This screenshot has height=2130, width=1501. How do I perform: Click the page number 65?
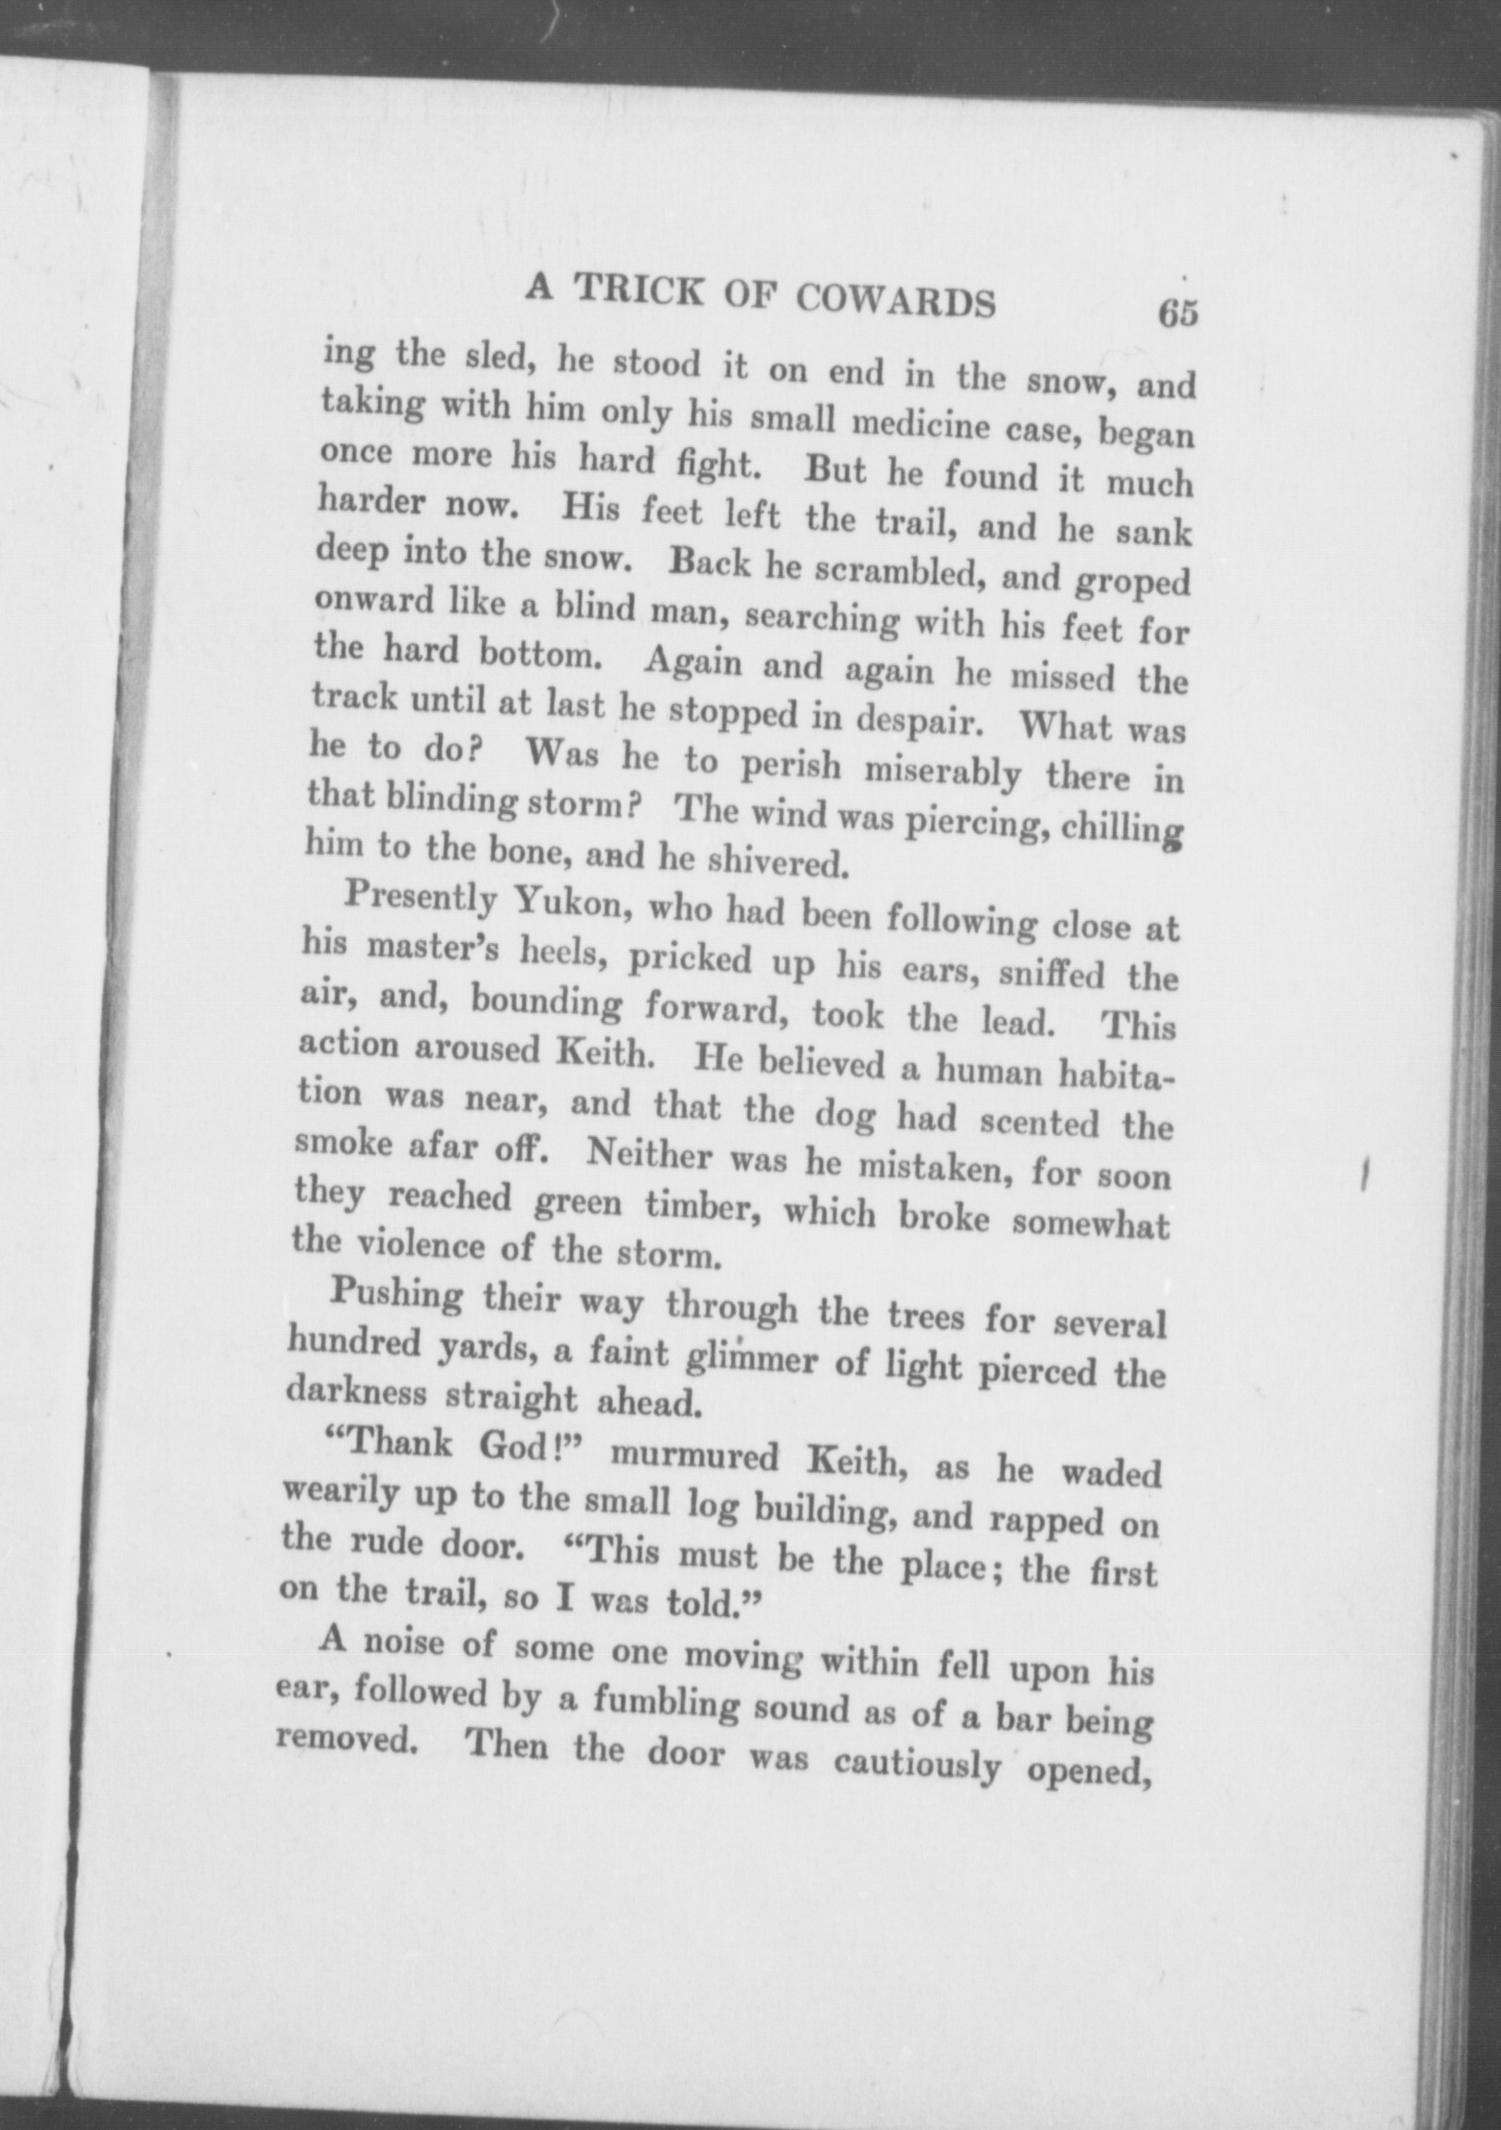(x=1178, y=312)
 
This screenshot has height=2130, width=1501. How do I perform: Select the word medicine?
(x=915, y=426)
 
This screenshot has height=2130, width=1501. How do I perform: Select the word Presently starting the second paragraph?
(x=420, y=897)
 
